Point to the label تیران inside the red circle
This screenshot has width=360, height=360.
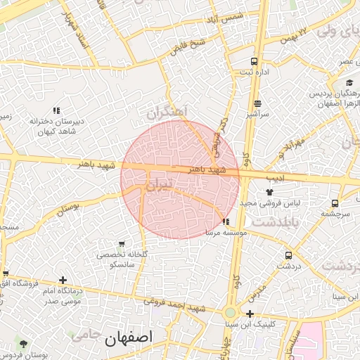pyautogui.click(x=157, y=186)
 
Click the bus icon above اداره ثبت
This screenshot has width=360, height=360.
pyautogui.click(x=253, y=61)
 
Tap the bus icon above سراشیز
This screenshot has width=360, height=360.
pyautogui.click(x=257, y=103)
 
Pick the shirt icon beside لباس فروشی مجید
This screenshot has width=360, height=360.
pyautogui.click(x=268, y=191)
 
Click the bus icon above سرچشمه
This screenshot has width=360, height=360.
pyautogui.click(x=340, y=201)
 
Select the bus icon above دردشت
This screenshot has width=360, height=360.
pyautogui.click(x=288, y=255)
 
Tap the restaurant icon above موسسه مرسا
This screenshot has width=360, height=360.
pyautogui.click(x=225, y=221)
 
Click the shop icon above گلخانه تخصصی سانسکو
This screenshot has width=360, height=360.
pyautogui.click(x=122, y=243)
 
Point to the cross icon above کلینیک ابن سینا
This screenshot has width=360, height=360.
pyautogui.click(x=250, y=314)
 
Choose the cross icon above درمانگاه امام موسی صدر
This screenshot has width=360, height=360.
pyautogui.click(x=63, y=280)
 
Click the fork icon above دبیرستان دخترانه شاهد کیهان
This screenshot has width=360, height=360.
pyautogui.click(x=57, y=110)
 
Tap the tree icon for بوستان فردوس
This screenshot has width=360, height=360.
pyautogui.click(x=24, y=344)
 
